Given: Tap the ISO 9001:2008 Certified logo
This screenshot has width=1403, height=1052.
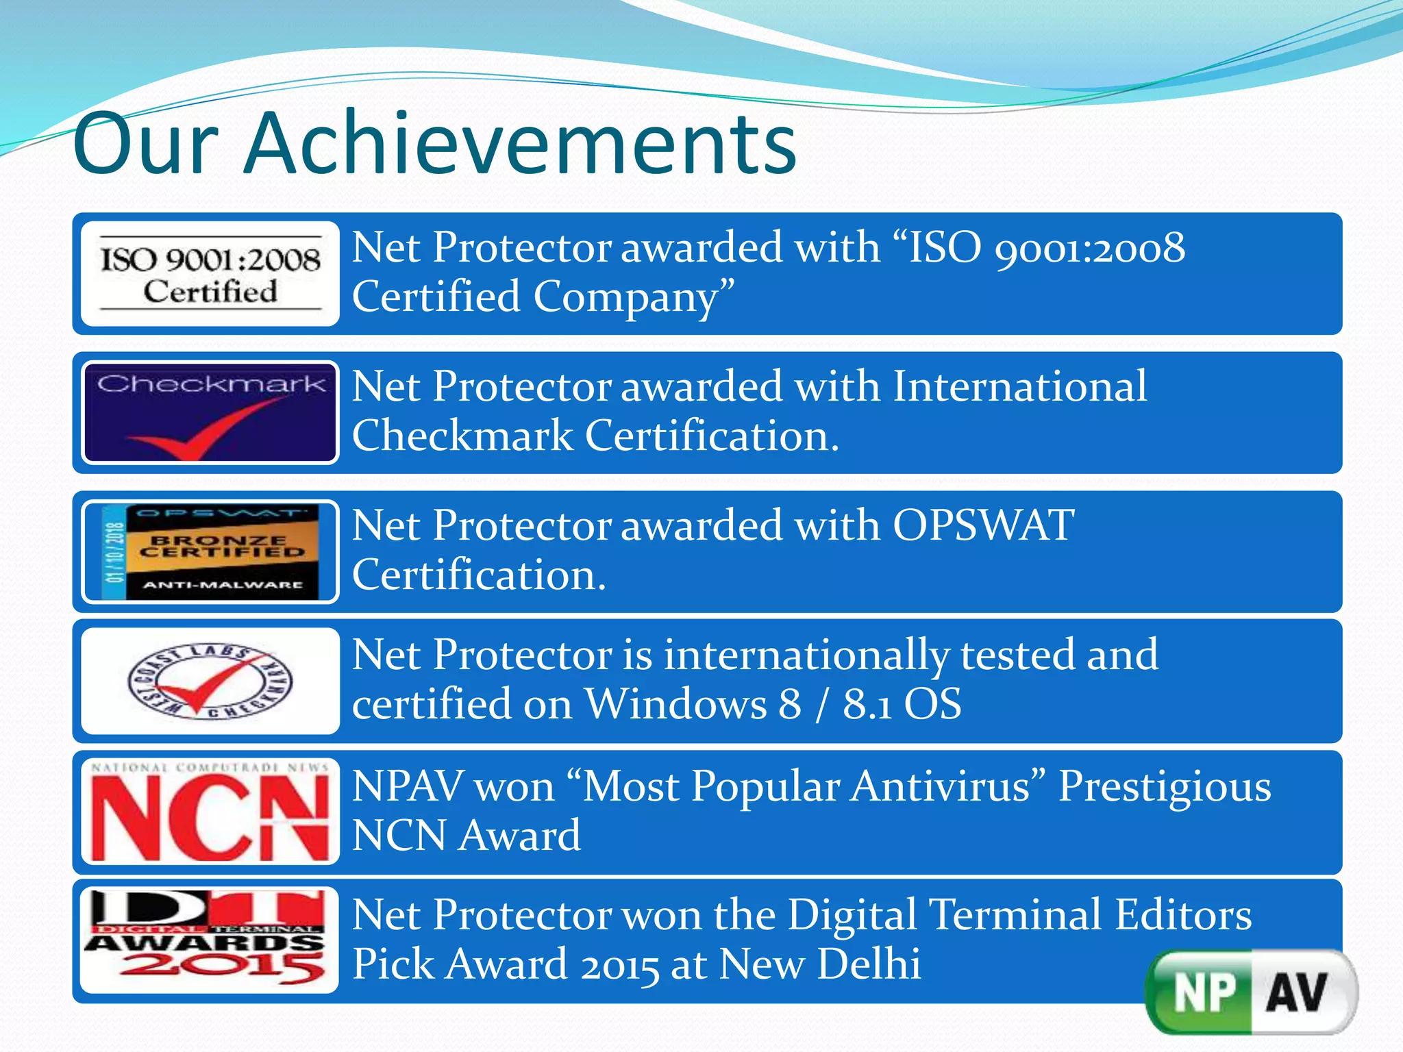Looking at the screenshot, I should tap(210, 274).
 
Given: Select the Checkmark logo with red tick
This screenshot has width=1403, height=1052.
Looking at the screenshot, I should tap(210, 412).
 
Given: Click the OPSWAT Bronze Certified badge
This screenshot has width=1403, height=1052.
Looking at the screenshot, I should tap(210, 552).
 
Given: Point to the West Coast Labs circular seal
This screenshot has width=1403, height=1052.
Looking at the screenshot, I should tap(210, 681).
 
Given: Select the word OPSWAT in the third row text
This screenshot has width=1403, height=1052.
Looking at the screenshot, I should tap(983, 526).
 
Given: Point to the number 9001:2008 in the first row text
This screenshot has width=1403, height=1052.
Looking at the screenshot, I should tap(1089, 248).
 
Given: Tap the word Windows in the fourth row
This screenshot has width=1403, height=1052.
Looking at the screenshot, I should tap(675, 704).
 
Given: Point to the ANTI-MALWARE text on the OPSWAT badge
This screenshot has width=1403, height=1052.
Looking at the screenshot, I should tap(222, 585).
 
